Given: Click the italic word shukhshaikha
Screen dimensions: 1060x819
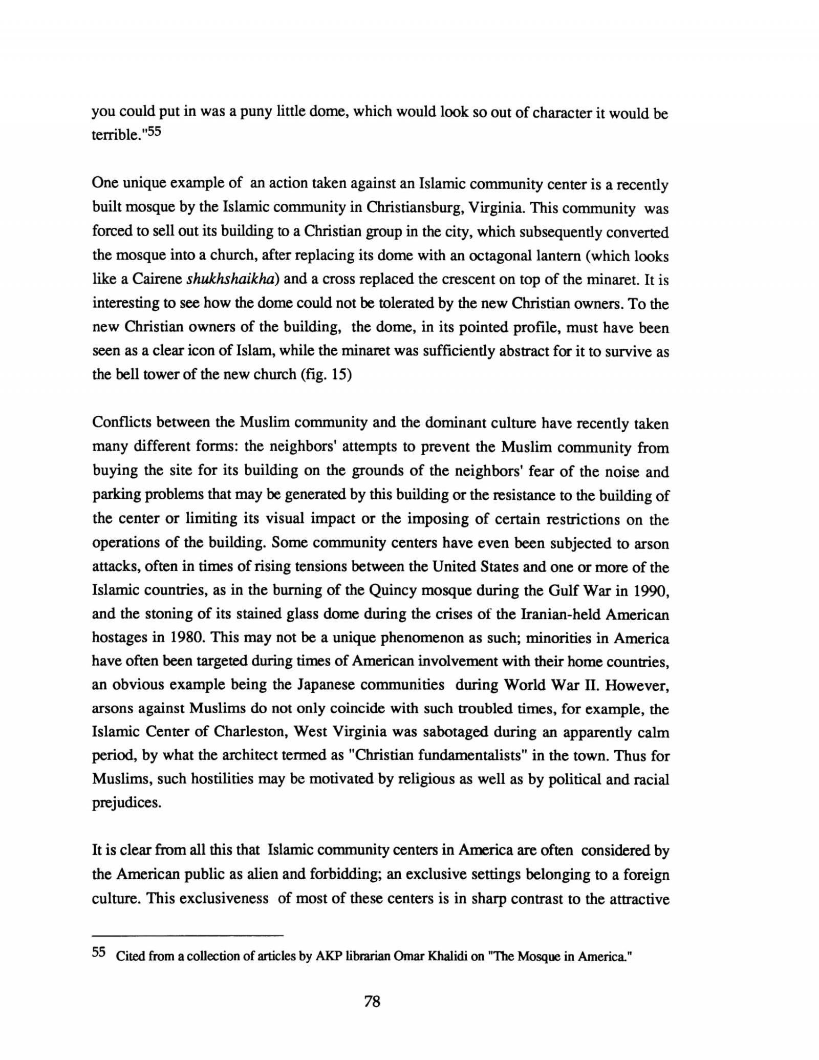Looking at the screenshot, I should click(x=233, y=279).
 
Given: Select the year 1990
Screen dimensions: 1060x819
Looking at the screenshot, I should click(x=651, y=590).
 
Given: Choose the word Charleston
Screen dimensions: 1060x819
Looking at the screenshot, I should click(x=250, y=732).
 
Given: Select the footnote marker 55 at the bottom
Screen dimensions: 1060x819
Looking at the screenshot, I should click(x=99, y=952).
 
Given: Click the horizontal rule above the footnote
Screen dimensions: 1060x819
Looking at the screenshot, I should click(x=187, y=936).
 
